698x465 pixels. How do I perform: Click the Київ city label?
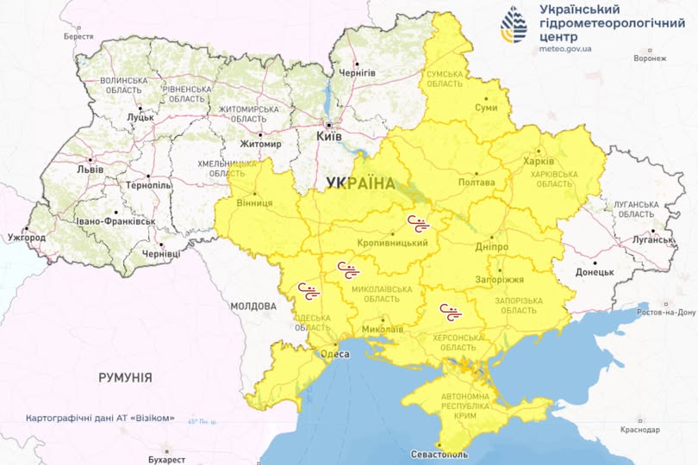(329, 136)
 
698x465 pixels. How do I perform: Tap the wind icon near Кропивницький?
(419, 224)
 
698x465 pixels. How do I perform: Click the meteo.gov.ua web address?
(564, 49)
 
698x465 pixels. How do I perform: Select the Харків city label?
(540, 161)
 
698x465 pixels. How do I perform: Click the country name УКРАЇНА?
(360, 183)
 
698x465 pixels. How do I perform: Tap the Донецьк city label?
(594, 272)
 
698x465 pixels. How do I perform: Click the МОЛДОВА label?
(253, 306)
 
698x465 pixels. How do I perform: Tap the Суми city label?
(486, 108)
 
